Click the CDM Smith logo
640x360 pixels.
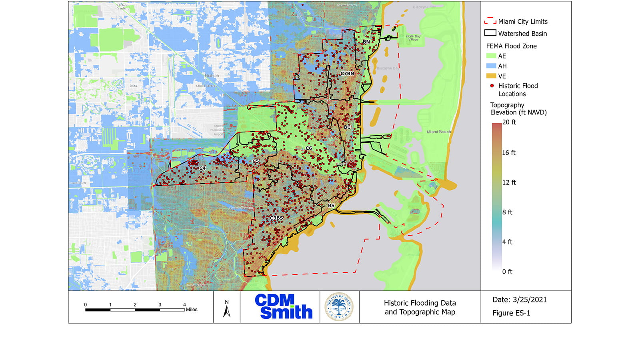(x=283, y=307)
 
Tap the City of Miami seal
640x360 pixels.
(x=339, y=307)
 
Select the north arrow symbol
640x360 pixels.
(x=227, y=309)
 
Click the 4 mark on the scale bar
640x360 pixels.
(x=184, y=305)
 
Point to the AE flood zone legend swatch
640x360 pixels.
(x=491, y=56)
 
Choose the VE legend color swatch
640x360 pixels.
(x=491, y=76)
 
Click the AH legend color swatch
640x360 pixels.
(x=491, y=66)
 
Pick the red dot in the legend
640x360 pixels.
(x=492, y=86)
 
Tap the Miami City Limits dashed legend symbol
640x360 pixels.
(x=490, y=21)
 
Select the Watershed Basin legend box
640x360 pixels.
(x=490, y=33)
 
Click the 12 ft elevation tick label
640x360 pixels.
(x=509, y=182)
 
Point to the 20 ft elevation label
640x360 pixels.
(x=509, y=122)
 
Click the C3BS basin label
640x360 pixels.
(x=276, y=218)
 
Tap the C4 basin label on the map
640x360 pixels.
(x=202, y=168)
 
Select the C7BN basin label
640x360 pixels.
(x=347, y=74)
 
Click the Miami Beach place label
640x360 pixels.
(x=438, y=132)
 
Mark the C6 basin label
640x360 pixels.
(x=308, y=148)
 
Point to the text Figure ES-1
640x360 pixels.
(x=511, y=313)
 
